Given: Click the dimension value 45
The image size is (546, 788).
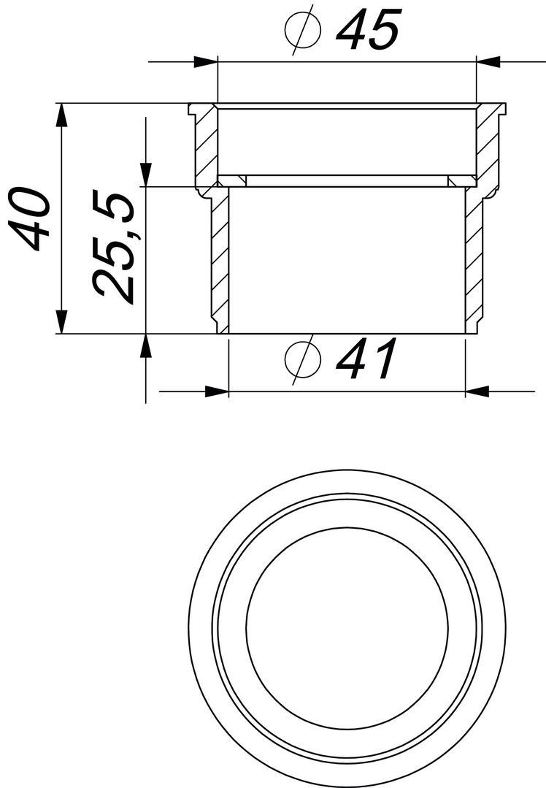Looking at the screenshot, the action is pyautogui.click(x=368, y=29).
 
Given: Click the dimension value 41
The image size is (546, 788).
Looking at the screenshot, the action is pyautogui.click(x=366, y=358).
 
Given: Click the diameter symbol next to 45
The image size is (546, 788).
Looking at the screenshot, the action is pyautogui.click(x=303, y=30).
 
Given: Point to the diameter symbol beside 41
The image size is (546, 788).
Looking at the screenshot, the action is pyautogui.click(x=303, y=359).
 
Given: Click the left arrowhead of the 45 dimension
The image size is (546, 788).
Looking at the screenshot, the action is pyautogui.click(x=207, y=62).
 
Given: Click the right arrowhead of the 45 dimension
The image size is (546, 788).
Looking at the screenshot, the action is pyautogui.click(x=487, y=62).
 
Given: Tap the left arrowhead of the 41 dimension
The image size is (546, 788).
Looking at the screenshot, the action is pyautogui.click(x=218, y=391).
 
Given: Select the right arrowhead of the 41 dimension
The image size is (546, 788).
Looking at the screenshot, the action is pyautogui.click(x=477, y=391).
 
